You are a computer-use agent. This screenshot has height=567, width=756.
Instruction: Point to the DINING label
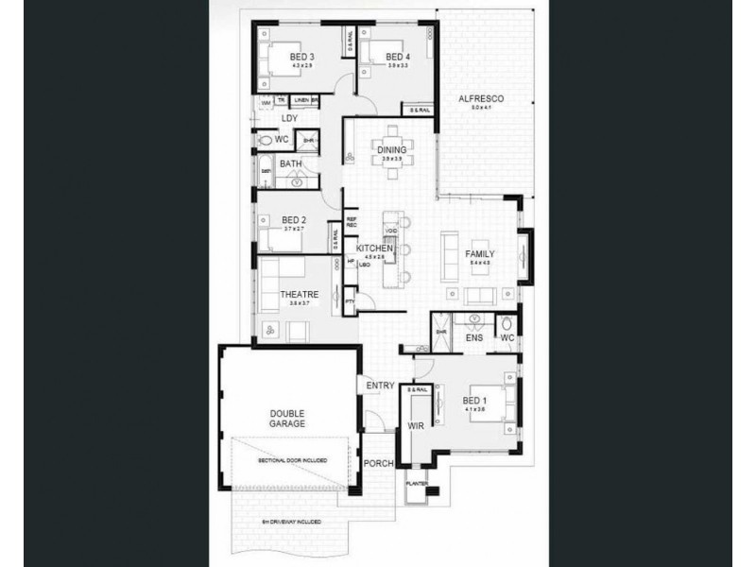pyautogui.click(x=391, y=150)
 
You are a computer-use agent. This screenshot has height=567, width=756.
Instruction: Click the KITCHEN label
pyautogui.click(x=374, y=248)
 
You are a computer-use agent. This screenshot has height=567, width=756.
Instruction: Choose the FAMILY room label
pyautogui.click(x=480, y=255)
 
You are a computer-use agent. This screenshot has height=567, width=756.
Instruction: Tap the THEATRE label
pyautogui.click(x=299, y=295)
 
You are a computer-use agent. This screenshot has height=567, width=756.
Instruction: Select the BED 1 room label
pyautogui.click(x=474, y=401)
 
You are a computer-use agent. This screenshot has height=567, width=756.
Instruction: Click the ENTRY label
pyautogui.click(x=381, y=386)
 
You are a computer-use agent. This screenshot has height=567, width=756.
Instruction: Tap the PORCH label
pyautogui.click(x=379, y=464)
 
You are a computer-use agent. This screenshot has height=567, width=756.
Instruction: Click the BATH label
pyautogui.click(x=290, y=163)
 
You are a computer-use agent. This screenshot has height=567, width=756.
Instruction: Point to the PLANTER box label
pyautogui.click(x=417, y=484)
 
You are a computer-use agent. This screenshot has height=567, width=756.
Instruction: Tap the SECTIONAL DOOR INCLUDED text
pyautogui.click(x=293, y=460)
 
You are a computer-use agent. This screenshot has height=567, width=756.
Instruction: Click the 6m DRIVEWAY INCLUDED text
pyautogui.click(x=290, y=521)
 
